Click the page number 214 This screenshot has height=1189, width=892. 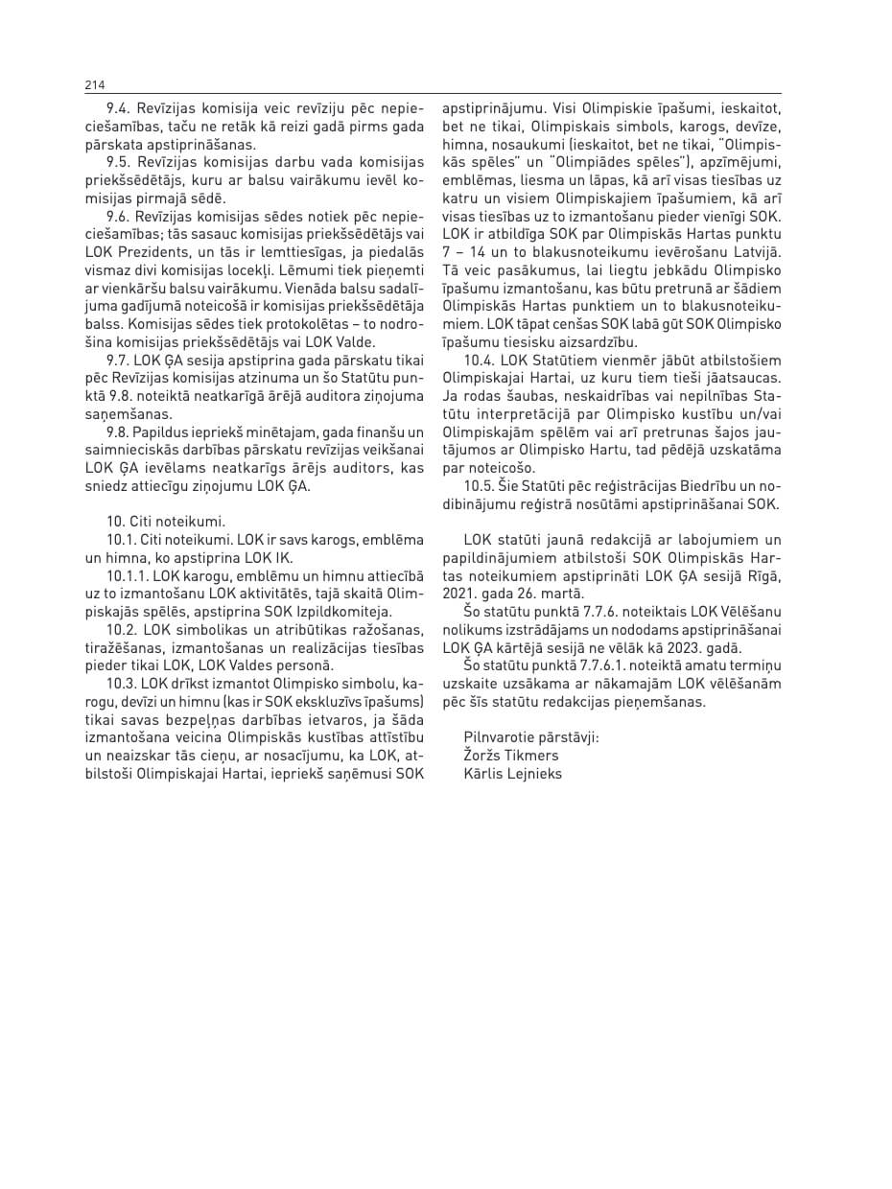click(x=94, y=85)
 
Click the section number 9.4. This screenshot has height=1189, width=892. click(x=119, y=109)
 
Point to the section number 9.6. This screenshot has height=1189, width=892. click(x=119, y=220)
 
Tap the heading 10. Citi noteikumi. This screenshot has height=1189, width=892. click(x=165, y=522)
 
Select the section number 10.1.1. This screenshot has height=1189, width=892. click(x=128, y=576)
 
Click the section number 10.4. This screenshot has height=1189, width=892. click(x=479, y=360)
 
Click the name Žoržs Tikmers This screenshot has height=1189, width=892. click(x=511, y=755)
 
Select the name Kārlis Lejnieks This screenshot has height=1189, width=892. click(x=513, y=773)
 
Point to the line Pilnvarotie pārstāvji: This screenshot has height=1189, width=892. click(x=531, y=736)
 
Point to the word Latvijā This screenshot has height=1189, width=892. click(x=756, y=251)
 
